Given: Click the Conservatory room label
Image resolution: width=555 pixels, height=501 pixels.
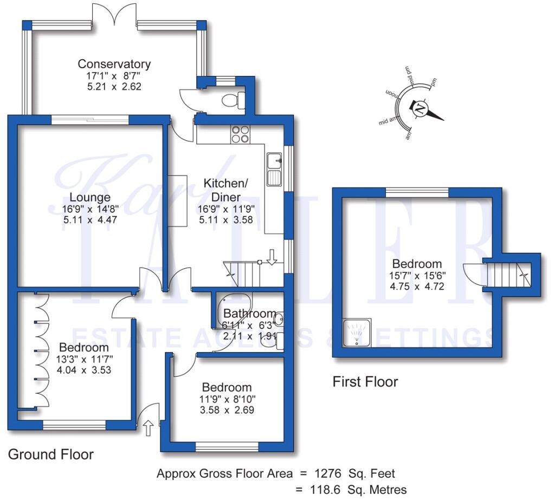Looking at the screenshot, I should tap(114, 64).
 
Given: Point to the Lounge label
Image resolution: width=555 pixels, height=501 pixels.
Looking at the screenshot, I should tap(90, 197).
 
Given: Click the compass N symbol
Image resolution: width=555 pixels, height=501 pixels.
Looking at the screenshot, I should tap(420, 108).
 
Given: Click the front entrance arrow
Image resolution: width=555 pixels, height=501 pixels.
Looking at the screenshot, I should tap(149, 428).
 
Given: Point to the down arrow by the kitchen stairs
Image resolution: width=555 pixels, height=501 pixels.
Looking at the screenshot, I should tap(272, 256).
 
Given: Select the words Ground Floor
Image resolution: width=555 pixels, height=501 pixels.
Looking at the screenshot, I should tap(51, 454).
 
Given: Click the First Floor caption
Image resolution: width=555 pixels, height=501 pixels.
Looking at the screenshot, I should tap(365, 382).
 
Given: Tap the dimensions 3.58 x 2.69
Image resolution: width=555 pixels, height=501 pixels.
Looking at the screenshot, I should tap(227, 409).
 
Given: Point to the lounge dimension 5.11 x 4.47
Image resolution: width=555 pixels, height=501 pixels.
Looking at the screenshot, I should tap(90, 219).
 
